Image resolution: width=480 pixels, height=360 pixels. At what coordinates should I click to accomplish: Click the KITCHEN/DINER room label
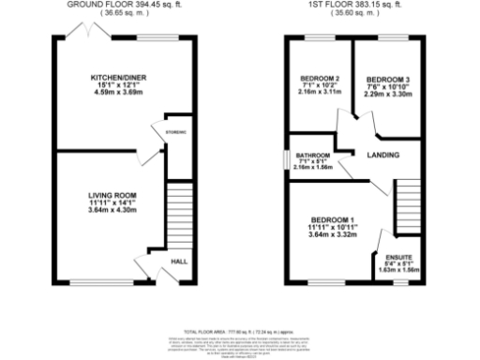pos(111,77)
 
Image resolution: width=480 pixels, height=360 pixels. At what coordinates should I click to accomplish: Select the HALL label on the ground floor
pos(175,262)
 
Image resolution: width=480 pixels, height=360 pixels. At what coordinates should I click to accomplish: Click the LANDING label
pos(382,155)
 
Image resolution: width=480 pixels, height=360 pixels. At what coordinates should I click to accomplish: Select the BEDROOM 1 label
pos(334,218)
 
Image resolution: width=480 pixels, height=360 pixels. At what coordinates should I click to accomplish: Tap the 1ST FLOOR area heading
pos(348,5)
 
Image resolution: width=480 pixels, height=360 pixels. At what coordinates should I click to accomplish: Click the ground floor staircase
pos(176,214)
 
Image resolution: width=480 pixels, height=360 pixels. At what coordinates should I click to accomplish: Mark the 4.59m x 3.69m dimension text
pos(111,95)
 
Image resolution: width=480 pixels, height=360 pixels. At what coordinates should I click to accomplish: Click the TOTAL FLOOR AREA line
pos(239,332)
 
